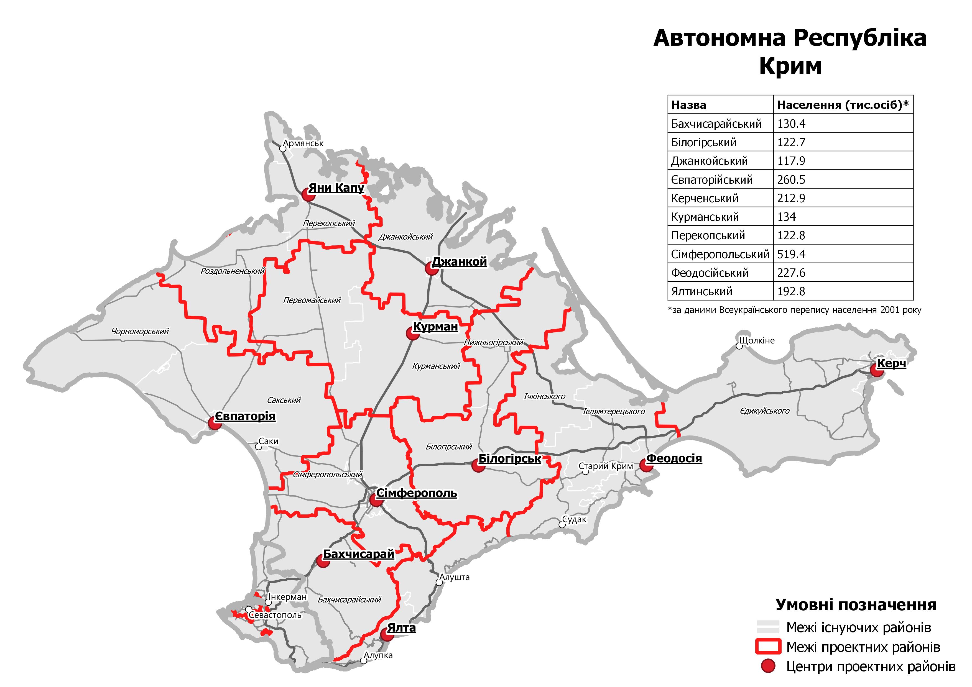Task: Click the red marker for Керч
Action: click(876, 371)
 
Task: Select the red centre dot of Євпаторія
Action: click(215, 423)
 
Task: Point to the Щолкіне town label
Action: click(757, 340)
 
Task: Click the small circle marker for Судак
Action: click(562, 525)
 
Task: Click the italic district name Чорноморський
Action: click(140, 331)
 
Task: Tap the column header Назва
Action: click(689, 105)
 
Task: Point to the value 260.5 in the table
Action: click(791, 180)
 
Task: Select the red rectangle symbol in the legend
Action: click(768, 647)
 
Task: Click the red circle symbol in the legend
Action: click(768, 666)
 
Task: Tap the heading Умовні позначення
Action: click(856, 605)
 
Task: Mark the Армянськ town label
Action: click(303, 143)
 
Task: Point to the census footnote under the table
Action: click(794, 310)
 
